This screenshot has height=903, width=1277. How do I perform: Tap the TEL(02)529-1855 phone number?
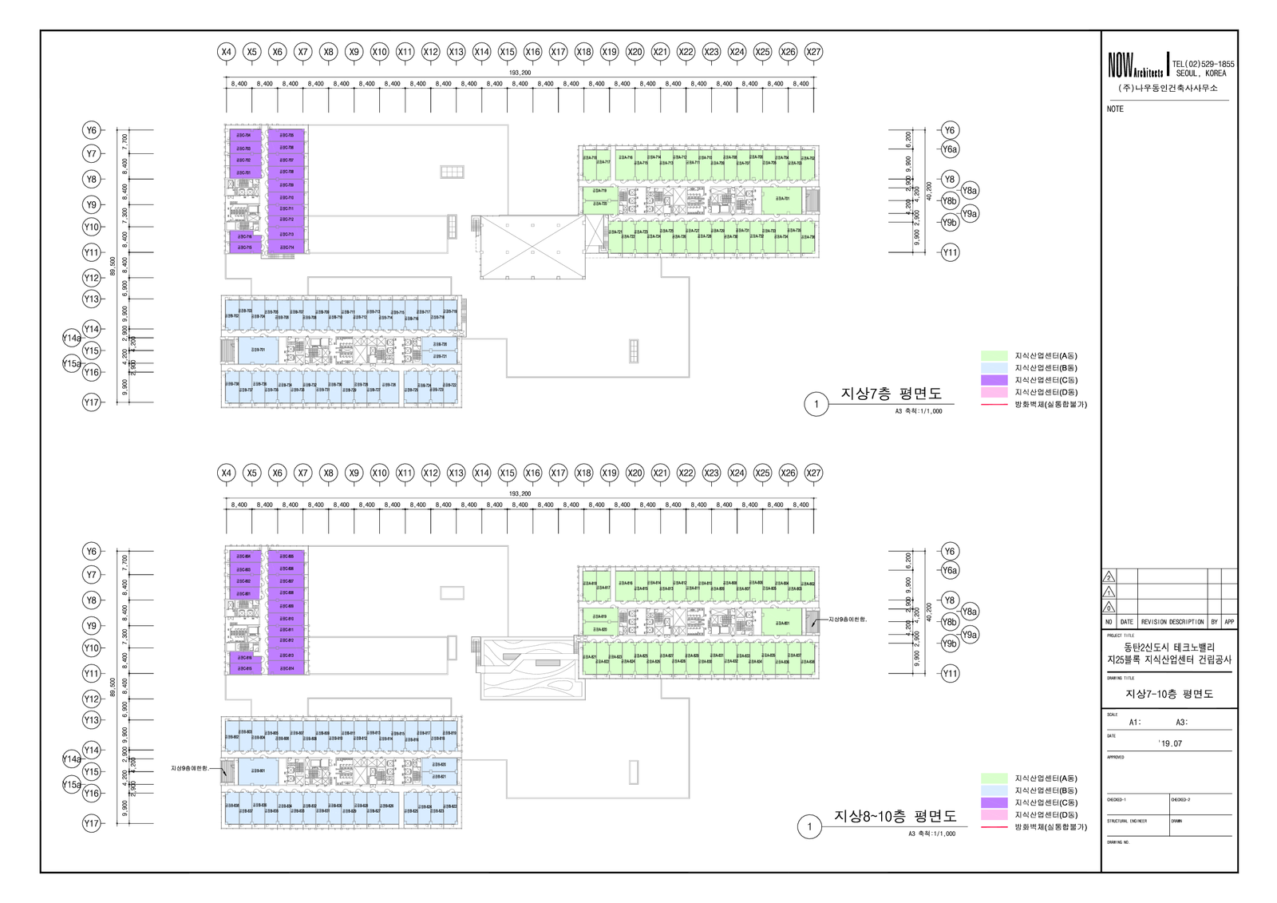coord(1203,64)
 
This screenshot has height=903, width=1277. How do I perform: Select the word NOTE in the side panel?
coord(1115,109)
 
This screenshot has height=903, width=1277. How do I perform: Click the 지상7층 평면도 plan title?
coord(891,394)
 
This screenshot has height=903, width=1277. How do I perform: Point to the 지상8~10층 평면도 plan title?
coord(895,816)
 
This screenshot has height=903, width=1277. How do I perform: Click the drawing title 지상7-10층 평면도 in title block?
coord(1169,694)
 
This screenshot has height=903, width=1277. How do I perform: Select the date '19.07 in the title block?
coord(1171,743)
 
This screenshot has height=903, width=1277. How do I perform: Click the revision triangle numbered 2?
coord(1109,577)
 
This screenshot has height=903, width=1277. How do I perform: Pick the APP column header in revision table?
coord(1229,622)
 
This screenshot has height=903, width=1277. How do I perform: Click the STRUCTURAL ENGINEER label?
coord(1127,821)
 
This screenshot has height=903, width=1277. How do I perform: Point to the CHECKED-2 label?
coord(1180,799)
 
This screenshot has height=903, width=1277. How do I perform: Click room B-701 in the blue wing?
coord(258,350)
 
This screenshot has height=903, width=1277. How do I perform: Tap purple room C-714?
coord(287,248)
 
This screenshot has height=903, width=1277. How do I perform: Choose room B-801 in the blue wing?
coord(258,770)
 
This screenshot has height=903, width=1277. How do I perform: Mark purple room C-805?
coord(287,556)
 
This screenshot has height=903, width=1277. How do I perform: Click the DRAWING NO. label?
coord(1118,842)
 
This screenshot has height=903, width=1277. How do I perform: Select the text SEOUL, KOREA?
coord(1200,73)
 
